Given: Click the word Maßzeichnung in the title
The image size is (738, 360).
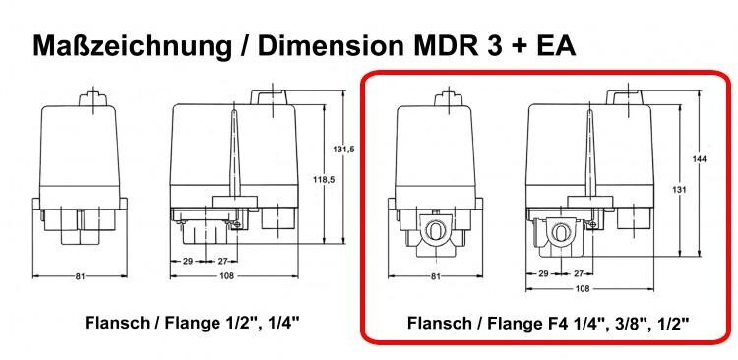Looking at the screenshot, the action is tap(132, 46).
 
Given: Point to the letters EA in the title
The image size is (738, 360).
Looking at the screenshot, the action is tap(556, 45).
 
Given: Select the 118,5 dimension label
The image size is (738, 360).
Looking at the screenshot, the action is tap(324, 179).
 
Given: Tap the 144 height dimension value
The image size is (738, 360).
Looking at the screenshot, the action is tap(700, 159).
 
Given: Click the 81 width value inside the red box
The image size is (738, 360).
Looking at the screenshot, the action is tap(435, 276).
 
